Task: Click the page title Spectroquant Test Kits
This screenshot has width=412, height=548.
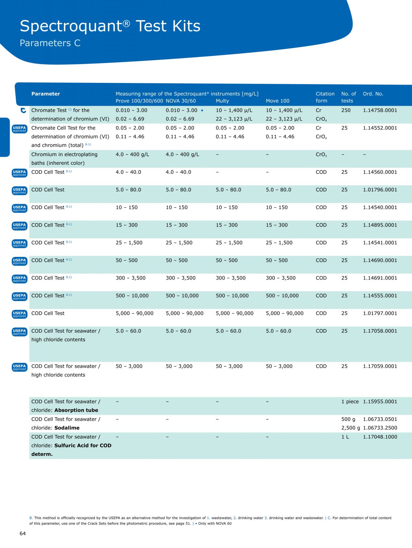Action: (x=110, y=26)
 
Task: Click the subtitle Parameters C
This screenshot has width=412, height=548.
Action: (x=50, y=43)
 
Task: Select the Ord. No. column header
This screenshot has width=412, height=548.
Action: (x=373, y=94)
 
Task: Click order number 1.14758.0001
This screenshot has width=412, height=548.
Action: (x=380, y=110)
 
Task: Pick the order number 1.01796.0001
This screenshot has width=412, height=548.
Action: (x=380, y=190)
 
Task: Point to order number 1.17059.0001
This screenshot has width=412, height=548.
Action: (x=380, y=366)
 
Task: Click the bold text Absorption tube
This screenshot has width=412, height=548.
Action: (x=76, y=410)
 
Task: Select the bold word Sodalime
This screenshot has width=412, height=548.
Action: (x=67, y=428)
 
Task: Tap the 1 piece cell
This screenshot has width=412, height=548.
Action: (x=350, y=401)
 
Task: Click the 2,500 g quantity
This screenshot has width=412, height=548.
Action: (x=350, y=428)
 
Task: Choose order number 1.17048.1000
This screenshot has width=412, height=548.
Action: (x=380, y=437)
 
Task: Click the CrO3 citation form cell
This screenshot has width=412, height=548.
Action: (x=321, y=155)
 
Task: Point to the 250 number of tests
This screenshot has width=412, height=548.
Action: (x=346, y=110)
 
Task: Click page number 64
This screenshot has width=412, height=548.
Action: (x=23, y=533)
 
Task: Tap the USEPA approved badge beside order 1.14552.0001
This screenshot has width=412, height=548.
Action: (x=20, y=129)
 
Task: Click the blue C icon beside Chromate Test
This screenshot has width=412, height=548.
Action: (x=23, y=110)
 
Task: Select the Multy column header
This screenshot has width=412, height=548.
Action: (x=222, y=101)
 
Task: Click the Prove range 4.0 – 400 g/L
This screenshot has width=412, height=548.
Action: (x=132, y=154)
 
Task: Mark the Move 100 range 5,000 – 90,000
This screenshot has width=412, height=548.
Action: (x=284, y=313)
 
